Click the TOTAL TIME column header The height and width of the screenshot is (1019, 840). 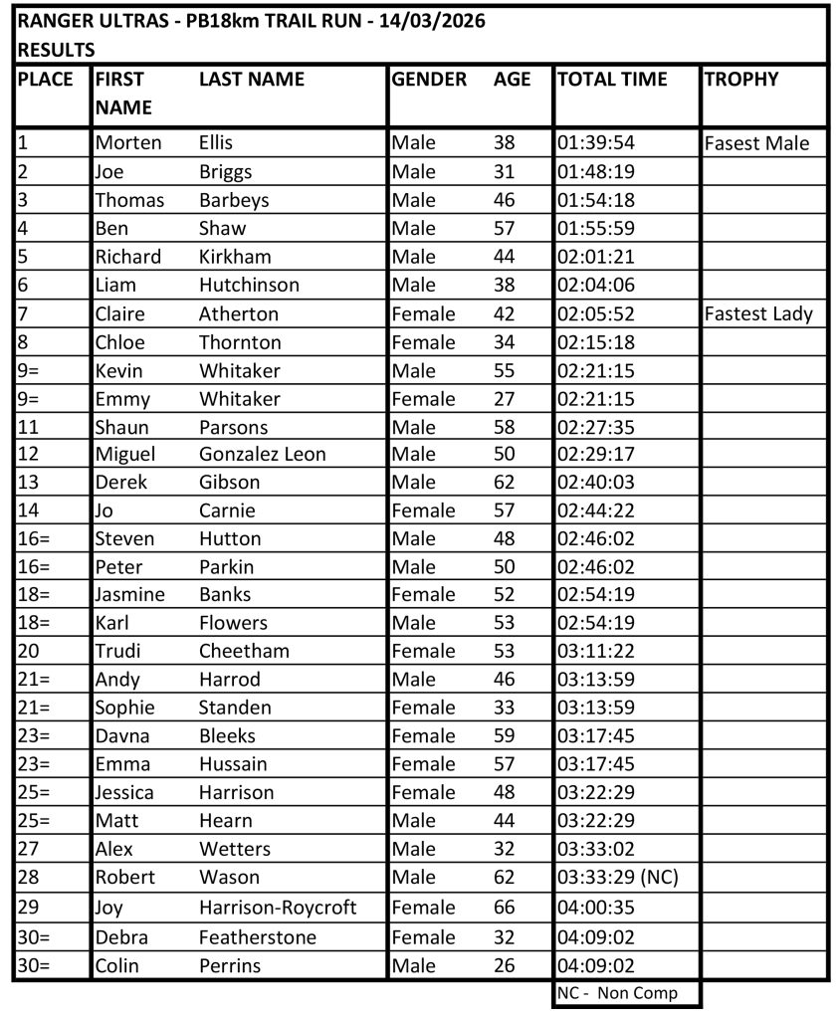(612, 80)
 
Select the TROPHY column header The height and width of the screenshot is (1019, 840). (741, 80)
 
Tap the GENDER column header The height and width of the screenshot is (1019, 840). (429, 80)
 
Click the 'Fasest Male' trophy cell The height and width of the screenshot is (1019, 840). (756, 143)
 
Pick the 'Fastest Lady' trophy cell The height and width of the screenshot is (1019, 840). (758, 314)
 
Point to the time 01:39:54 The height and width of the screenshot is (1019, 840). (596, 143)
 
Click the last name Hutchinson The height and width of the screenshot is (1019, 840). (249, 286)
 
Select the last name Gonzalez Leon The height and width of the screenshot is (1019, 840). (263, 455)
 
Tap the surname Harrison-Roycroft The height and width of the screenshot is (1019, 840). (278, 908)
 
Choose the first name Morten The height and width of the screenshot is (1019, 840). (128, 143)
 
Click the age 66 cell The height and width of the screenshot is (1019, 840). (505, 908)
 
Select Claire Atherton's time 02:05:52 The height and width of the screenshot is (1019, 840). (596, 314)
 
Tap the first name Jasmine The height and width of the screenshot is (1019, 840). (130, 595)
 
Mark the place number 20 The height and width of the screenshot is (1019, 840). (28, 652)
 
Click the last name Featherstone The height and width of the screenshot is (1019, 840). (258, 937)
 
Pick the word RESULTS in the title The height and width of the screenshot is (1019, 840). (57, 49)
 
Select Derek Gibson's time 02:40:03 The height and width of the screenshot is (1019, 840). (596, 483)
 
